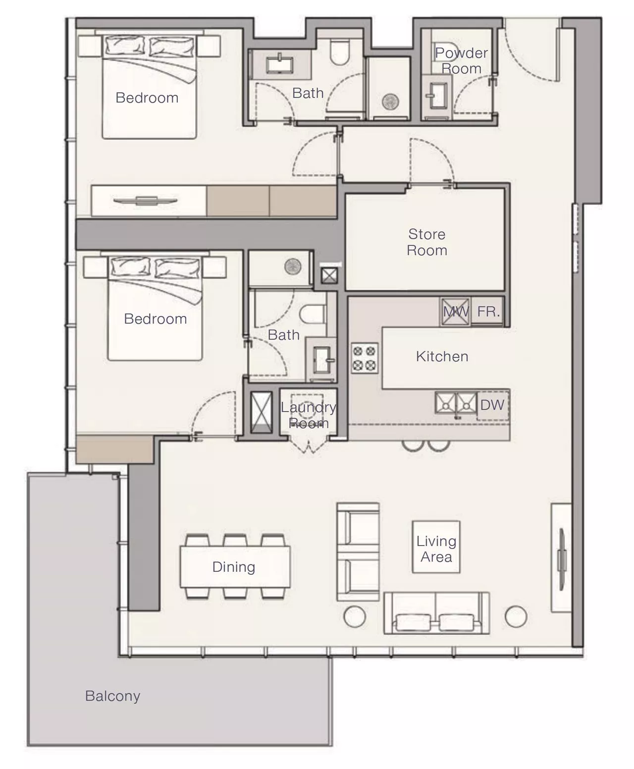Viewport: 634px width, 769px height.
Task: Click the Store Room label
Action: click(x=427, y=242)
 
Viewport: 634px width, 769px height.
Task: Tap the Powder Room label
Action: click(x=461, y=61)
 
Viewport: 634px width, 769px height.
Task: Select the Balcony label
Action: click(x=112, y=697)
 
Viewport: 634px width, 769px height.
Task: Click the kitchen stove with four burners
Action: click(x=365, y=358)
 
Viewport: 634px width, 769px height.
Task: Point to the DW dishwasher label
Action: click(x=492, y=405)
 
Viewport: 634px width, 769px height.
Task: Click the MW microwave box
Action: click(x=455, y=312)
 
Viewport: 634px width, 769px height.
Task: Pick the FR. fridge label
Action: click(x=488, y=312)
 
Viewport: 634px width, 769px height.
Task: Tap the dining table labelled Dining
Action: click(x=235, y=567)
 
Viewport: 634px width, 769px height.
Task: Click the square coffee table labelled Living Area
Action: click(x=436, y=547)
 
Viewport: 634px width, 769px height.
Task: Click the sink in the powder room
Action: click(x=436, y=96)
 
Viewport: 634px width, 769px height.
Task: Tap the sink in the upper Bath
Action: click(x=279, y=65)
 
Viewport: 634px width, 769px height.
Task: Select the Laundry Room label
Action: click(x=308, y=415)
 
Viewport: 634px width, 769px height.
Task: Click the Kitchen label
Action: click(x=442, y=357)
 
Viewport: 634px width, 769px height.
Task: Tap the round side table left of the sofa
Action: click(x=355, y=616)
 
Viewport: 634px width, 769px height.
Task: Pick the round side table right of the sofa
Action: click(x=516, y=616)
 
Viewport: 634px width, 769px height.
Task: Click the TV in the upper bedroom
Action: click(x=146, y=201)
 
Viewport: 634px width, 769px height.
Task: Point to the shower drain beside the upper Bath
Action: click(x=390, y=102)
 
